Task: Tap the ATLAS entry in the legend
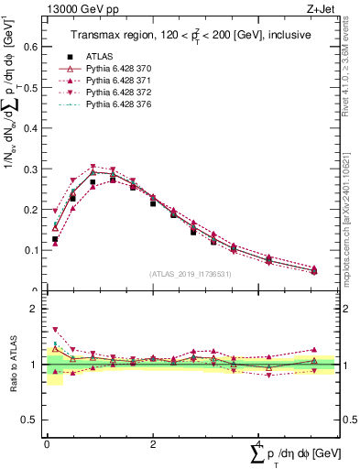101,56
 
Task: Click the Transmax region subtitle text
190,34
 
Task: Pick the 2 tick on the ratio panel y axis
36,309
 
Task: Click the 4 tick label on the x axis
259,446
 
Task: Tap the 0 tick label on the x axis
47,446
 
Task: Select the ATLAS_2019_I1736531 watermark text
191,273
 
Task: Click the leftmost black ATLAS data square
55,239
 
